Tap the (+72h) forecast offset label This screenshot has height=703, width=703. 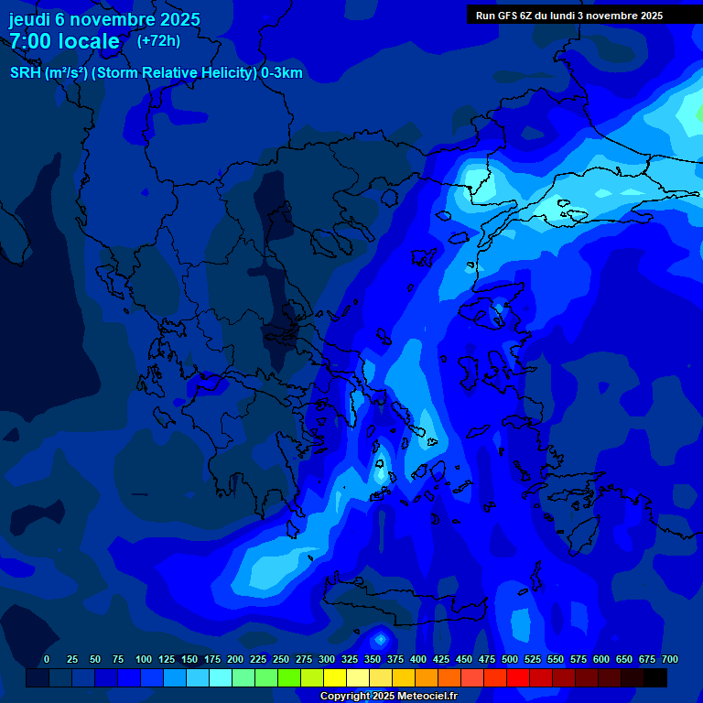(158, 40)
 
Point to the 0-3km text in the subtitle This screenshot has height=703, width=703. (282, 73)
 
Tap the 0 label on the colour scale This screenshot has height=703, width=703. (47, 659)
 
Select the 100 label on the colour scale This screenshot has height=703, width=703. (144, 659)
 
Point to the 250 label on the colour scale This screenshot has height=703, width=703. (281, 659)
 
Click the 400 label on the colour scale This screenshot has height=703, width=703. (418, 659)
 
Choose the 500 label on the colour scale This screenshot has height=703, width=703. (510, 659)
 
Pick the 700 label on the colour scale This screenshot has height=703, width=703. (670, 659)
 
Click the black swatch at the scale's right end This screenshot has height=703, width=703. (655, 677)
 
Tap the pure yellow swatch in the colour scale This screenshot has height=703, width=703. (335, 677)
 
